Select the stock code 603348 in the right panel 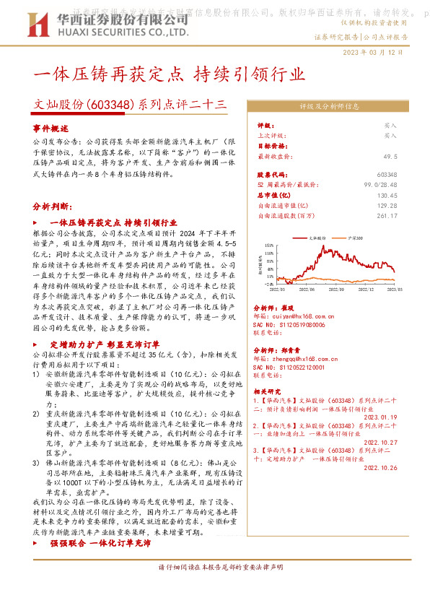(x=407, y=175)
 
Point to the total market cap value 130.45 (x=407, y=195)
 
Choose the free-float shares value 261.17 (x=407, y=215)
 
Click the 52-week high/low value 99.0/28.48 (x=400, y=185)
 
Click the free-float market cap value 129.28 (x=407, y=205)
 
